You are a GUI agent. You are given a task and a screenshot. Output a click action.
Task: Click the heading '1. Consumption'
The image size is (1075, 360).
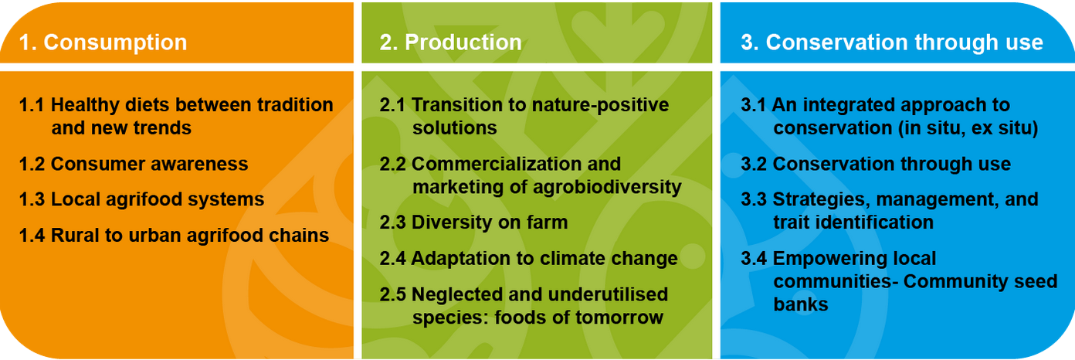click(103, 42)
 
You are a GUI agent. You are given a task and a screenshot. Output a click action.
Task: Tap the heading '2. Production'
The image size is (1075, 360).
click(451, 42)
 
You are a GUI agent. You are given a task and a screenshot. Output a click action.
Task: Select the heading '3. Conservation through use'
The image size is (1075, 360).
click(892, 42)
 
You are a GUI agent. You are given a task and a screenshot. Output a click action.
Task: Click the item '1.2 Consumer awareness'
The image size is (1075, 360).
click(134, 164)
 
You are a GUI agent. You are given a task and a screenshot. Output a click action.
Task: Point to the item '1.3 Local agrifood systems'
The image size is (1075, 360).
click(141, 199)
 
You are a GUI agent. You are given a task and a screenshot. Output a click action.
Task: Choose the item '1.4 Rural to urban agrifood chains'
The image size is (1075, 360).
click(174, 235)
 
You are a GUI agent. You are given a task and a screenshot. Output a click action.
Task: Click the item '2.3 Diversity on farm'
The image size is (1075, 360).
click(473, 222)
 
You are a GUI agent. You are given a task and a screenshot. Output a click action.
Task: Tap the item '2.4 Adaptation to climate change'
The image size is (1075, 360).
click(529, 258)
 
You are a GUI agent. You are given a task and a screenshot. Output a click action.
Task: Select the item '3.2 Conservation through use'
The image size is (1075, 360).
click(876, 164)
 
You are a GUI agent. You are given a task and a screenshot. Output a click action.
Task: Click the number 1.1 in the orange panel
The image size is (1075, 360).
click(31, 104)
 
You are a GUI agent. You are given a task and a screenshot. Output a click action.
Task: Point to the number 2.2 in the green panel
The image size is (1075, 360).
click(392, 164)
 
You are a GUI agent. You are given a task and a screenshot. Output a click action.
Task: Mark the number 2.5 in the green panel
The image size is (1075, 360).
click(392, 294)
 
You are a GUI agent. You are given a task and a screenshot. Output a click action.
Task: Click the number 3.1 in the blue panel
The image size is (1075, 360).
click(753, 104)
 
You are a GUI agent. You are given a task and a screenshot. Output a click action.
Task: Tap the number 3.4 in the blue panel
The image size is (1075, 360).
click(754, 258)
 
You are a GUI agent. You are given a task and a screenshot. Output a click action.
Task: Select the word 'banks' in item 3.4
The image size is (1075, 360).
click(801, 304)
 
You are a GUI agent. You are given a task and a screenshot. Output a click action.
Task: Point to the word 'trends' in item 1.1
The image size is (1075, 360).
click(162, 128)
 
